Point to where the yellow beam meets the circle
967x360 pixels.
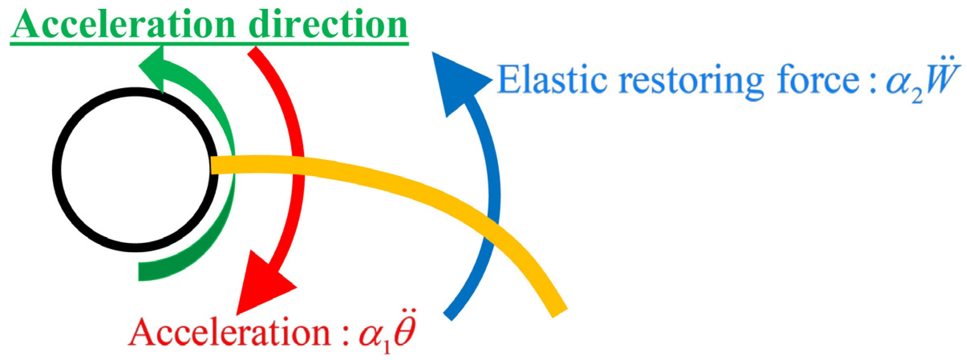(x=215, y=165)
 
